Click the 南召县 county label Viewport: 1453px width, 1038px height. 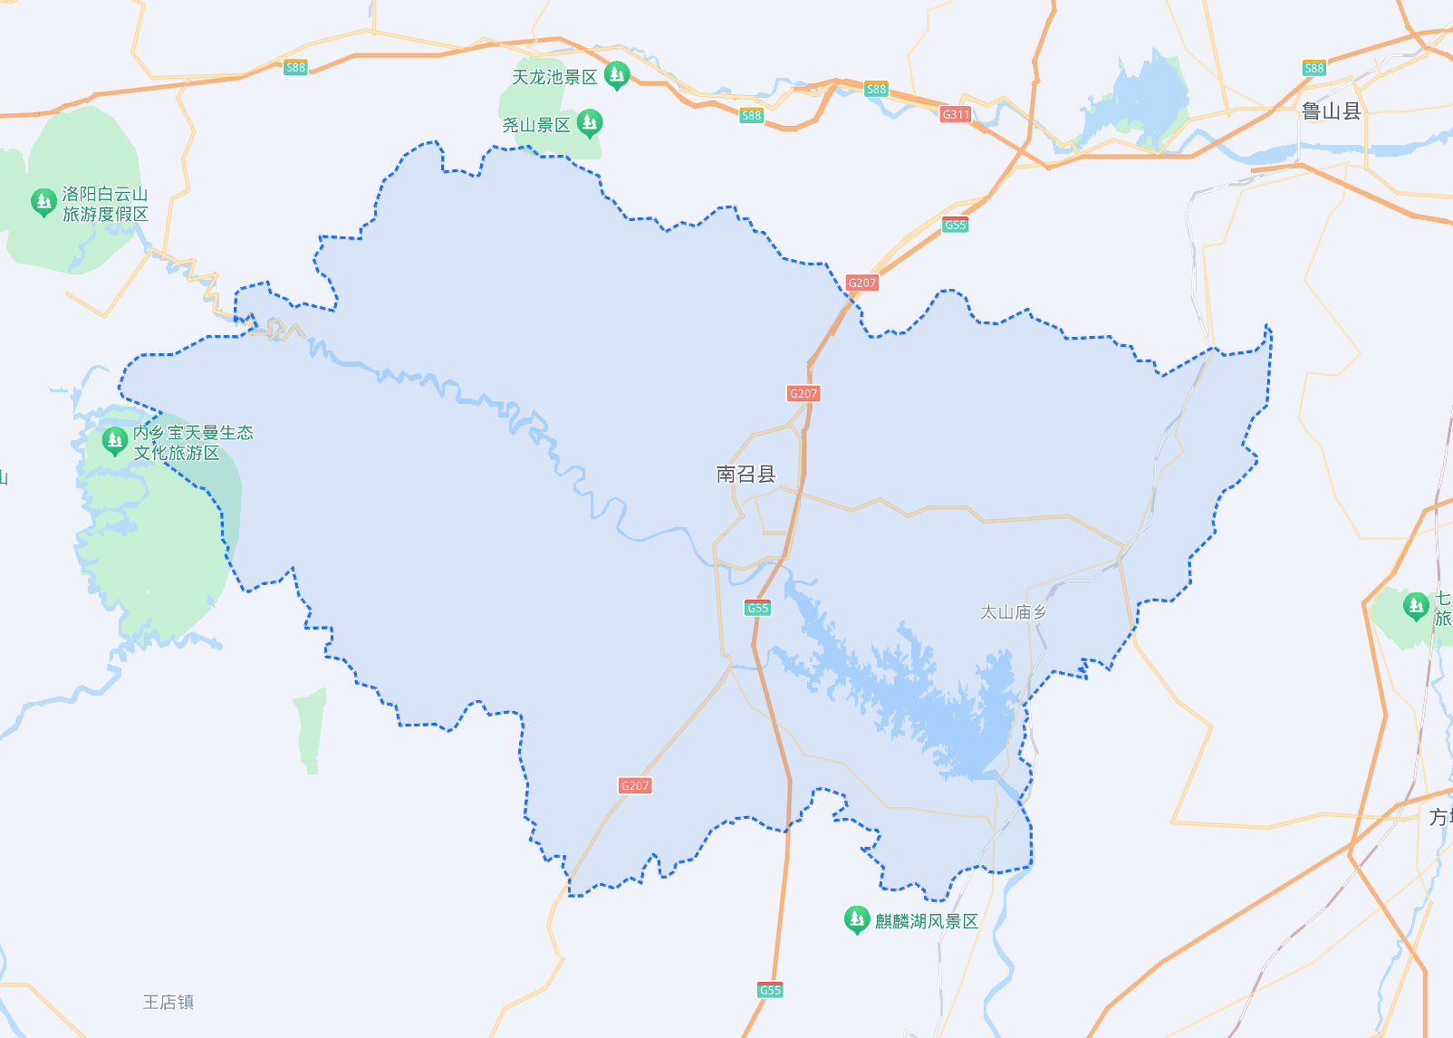(746, 474)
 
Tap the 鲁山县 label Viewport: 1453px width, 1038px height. (1331, 111)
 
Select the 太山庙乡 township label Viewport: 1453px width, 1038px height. (1013, 612)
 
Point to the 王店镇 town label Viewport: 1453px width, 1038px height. (168, 1002)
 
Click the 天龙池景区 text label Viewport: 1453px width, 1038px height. (554, 77)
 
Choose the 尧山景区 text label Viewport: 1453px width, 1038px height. (536, 125)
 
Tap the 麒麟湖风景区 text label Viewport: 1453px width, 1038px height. (926, 921)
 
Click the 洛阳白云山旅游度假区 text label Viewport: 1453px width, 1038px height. (105, 204)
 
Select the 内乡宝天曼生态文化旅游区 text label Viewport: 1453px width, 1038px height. (193, 443)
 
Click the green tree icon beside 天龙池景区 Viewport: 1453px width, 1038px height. (617, 74)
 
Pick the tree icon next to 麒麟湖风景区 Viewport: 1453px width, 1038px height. (856, 918)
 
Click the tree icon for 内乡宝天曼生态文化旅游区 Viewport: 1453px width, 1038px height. (114, 440)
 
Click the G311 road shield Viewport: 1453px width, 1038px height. (956, 114)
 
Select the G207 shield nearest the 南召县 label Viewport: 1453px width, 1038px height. (803, 393)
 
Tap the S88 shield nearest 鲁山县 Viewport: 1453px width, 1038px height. (1313, 68)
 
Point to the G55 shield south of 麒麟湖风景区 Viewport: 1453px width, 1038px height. (770, 990)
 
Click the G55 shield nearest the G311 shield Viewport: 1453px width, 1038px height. (956, 226)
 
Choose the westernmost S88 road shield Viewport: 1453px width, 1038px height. (295, 67)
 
